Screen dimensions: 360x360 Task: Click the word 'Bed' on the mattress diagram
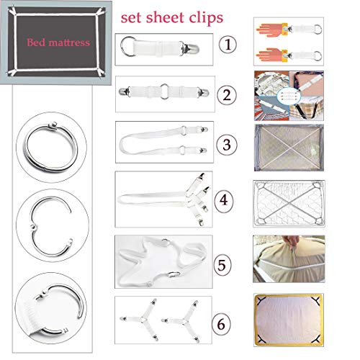coord(36,42)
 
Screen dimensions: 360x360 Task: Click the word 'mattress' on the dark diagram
coord(69,42)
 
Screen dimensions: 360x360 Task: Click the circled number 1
coord(228,45)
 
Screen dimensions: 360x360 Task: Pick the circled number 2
coord(227,95)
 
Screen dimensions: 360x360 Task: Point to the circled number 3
coord(227,145)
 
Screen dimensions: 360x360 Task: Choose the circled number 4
coord(224,199)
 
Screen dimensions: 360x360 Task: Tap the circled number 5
coord(222,264)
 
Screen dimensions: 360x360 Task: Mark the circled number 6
coord(221,324)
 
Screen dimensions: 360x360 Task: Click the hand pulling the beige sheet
coord(291,243)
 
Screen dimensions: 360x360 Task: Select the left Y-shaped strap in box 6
coord(143,320)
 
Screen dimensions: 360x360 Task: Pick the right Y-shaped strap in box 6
coord(185,320)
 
